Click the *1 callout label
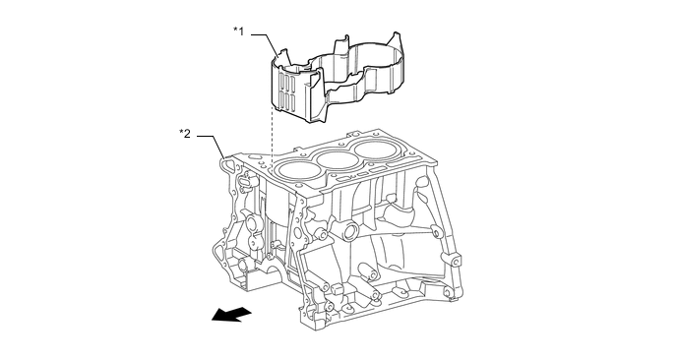(239, 31)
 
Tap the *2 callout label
(185, 134)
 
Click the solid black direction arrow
(231, 314)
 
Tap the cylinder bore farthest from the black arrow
(376, 149)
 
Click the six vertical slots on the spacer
(287, 92)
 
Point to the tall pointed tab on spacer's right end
(397, 41)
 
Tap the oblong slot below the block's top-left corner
(244, 184)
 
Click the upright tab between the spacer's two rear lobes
(340, 46)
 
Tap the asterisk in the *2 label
(181, 132)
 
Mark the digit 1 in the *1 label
(241, 31)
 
